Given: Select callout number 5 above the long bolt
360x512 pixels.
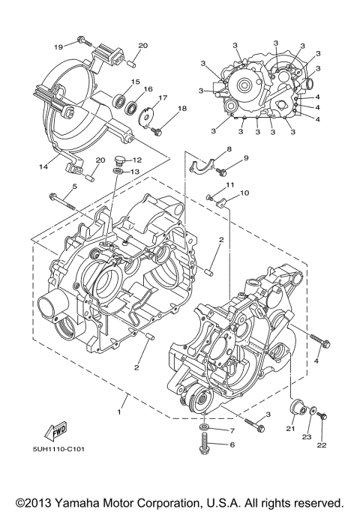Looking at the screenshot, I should point(74,187).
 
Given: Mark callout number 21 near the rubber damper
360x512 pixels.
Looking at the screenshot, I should point(291,428).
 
